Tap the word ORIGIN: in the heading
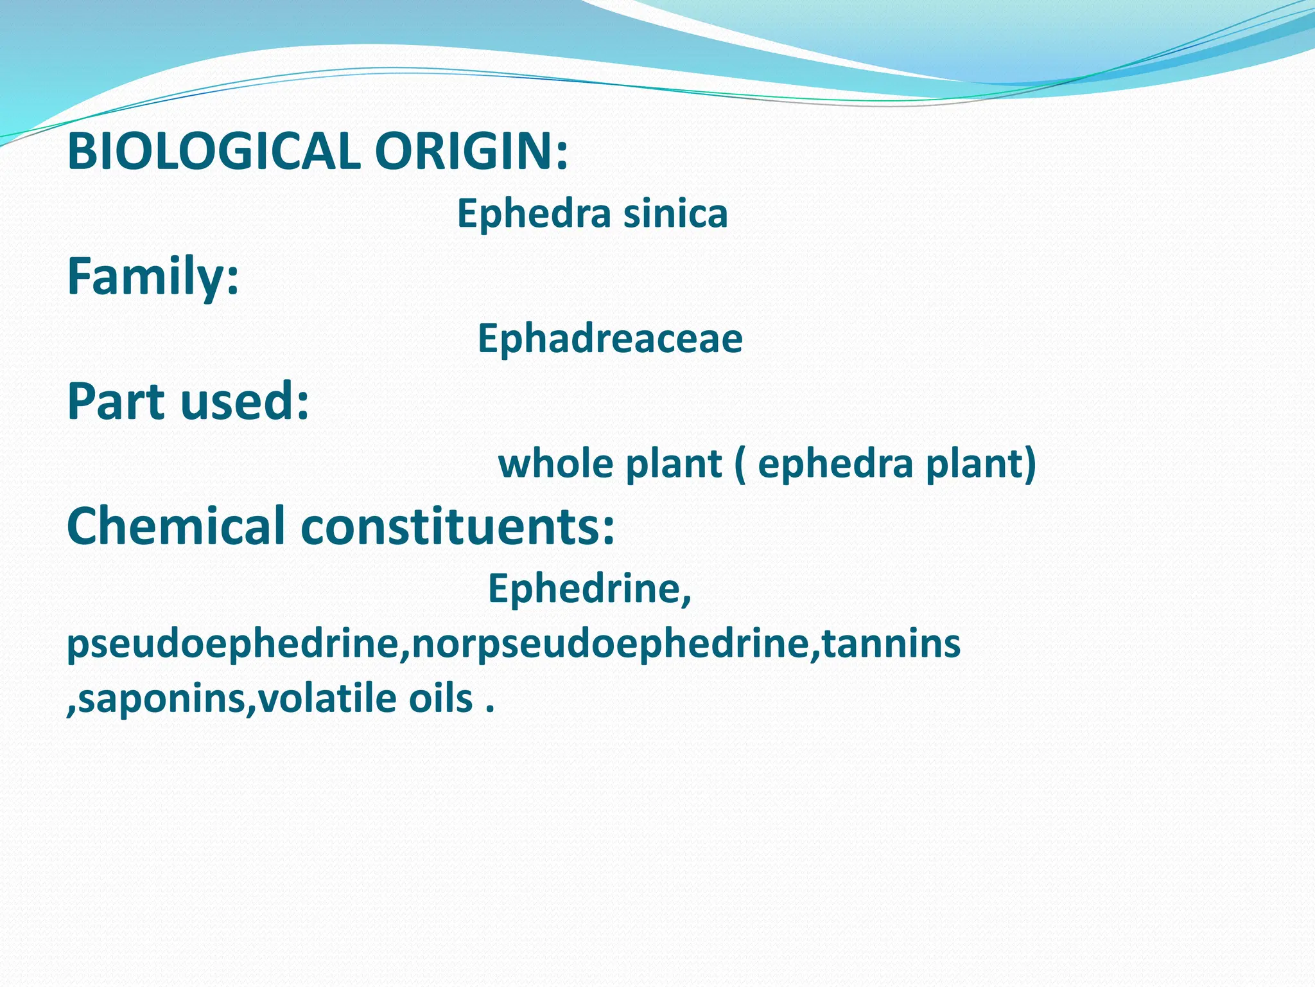[471, 152]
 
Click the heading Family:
[153, 276]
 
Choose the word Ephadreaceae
[610, 339]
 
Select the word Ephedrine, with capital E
[589, 588]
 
